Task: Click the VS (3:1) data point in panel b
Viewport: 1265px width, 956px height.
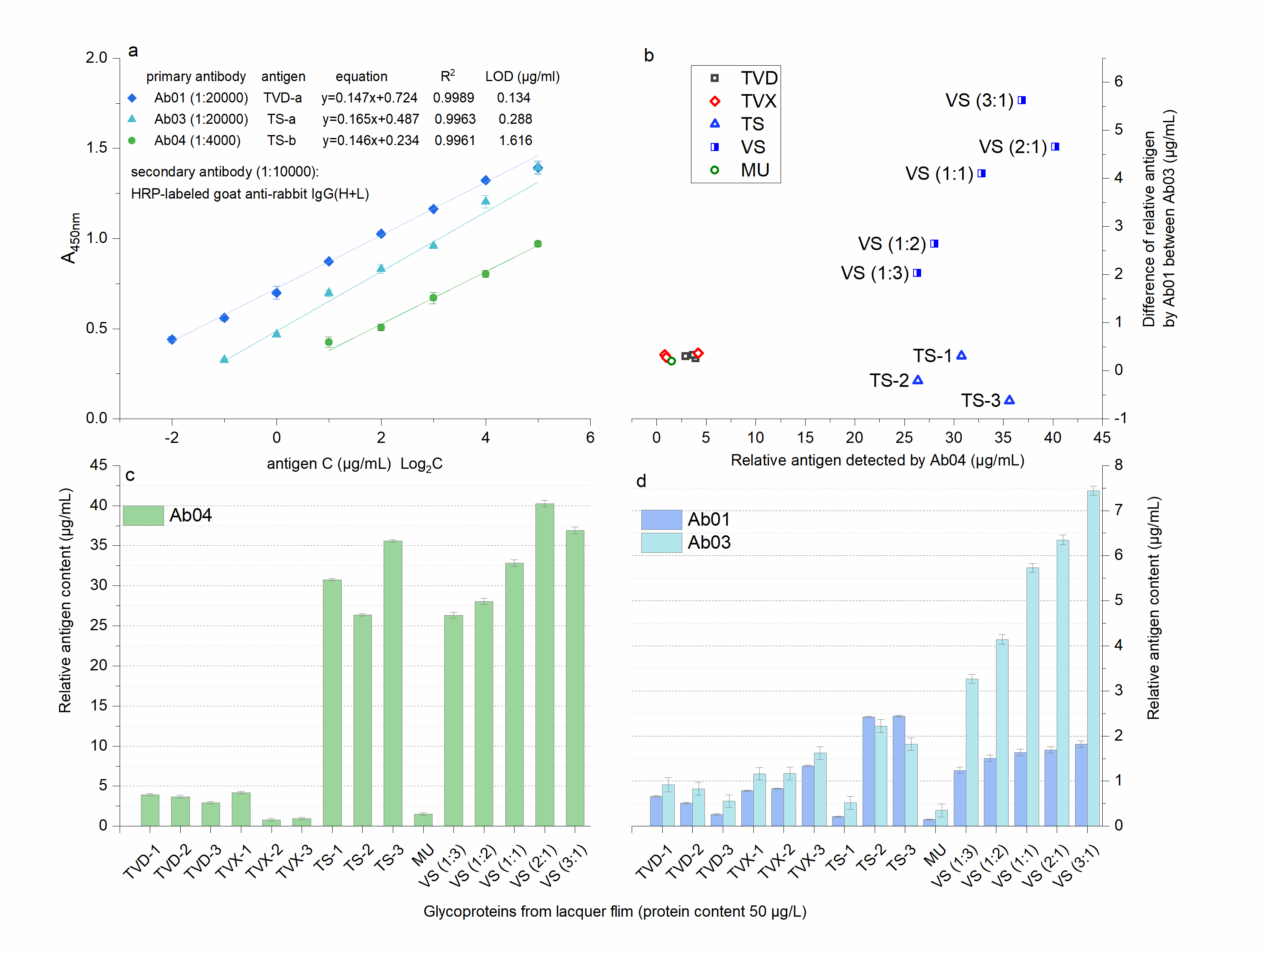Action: (1022, 101)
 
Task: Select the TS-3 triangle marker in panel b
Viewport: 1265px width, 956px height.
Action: (1009, 400)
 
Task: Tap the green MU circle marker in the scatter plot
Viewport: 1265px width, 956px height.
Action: (671, 361)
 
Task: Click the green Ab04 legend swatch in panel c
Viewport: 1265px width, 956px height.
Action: (143, 515)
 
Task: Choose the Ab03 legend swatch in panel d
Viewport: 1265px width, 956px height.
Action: (661, 542)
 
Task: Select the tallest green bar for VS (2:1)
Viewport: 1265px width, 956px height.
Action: (544, 663)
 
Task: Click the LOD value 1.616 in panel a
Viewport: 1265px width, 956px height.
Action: (515, 141)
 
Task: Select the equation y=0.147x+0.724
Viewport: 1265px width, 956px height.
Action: (369, 98)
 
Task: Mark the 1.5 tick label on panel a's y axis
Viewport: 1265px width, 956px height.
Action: (97, 148)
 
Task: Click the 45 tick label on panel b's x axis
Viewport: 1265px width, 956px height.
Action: (1101, 437)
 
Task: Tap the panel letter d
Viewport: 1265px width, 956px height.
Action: (641, 481)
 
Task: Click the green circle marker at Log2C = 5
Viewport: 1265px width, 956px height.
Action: (538, 244)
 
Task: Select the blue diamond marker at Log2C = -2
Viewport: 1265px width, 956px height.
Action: (172, 340)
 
